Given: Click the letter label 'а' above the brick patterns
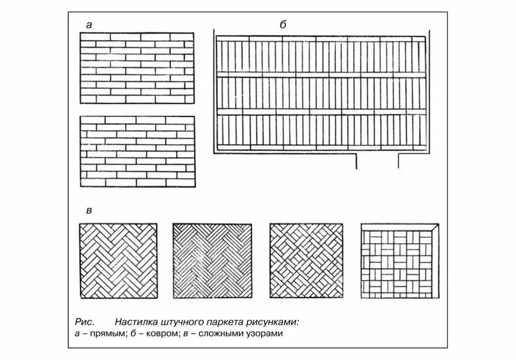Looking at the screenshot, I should point(89,25).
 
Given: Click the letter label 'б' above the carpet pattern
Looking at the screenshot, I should point(283,25).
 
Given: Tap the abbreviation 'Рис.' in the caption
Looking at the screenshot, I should point(84,322).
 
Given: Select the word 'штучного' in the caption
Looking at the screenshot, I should point(182,322).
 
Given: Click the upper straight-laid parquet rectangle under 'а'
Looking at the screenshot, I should point(138,68).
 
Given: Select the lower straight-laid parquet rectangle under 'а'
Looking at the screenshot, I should point(138,152).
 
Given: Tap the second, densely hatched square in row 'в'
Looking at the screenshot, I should point(213,261).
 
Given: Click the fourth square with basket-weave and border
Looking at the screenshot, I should point(400,261).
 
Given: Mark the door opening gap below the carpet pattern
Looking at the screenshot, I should point(378,160).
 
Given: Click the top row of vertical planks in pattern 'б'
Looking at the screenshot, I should point(320,55).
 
